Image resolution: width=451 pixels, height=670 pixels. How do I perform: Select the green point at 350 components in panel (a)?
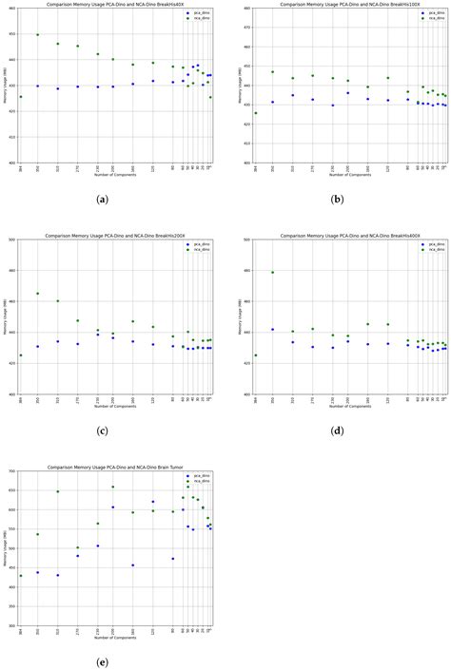(38, 34)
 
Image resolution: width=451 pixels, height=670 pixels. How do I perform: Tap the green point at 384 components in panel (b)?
(256, 113)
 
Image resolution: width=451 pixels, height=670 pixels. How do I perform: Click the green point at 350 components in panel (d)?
(273, 273)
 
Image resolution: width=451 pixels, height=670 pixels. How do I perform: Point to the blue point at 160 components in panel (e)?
(132, 565)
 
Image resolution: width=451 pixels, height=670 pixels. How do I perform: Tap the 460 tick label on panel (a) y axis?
(11, 9)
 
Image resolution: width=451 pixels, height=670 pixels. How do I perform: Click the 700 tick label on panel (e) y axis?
(11, 471)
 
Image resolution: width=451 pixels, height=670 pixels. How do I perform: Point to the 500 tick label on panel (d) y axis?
(246, 239)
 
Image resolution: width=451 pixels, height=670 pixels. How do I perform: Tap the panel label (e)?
(103, 662)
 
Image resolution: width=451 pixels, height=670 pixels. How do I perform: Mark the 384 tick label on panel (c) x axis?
(21, 401)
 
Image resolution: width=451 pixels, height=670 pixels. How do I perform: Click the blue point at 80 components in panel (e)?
(172, 559)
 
